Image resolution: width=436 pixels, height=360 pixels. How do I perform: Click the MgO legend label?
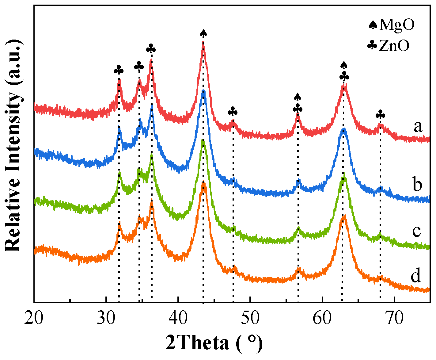(397, 25)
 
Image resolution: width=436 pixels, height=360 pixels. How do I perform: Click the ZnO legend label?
(394, 46)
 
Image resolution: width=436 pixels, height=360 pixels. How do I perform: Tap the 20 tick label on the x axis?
(34, 319)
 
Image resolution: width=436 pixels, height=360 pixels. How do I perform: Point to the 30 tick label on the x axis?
(106, 319)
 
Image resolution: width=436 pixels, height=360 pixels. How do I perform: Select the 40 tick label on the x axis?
(178, 319)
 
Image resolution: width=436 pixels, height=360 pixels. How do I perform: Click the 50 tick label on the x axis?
(250, 319)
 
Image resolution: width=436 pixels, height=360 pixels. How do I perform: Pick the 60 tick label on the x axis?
(322, 319)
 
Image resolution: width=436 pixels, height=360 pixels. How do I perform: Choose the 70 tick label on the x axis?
(394, 319)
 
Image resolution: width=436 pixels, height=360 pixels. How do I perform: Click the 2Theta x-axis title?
(214, 343)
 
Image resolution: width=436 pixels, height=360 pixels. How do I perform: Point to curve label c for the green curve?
(416, 231)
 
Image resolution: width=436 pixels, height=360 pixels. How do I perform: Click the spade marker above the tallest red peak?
(203, 33)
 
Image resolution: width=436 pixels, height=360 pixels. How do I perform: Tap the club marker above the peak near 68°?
(380, 115)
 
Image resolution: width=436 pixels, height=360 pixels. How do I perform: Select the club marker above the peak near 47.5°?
(233, 111)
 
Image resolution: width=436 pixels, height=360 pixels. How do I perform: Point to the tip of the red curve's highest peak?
(203, 44)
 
